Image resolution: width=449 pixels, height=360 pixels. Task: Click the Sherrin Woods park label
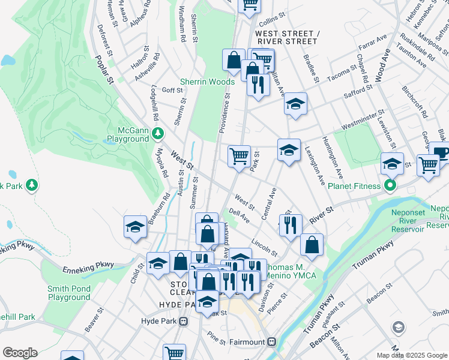click(x=208, y=82)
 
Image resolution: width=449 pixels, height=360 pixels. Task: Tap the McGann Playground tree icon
click(x=158, y=131)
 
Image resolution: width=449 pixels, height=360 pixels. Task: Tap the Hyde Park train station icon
click(x=184, y=322)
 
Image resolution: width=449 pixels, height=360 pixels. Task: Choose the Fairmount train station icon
click(x=271, y=342)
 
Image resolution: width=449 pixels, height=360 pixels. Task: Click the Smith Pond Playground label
click(x=69, y=293)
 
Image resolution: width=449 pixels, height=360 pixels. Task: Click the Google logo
click(x=20, y=353)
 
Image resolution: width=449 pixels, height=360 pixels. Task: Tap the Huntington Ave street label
click(x=336, y=161)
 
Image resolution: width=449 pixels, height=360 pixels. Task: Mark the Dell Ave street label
click(x=239, y=215)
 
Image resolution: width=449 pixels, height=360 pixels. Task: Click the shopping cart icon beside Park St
click(x=239, y=157)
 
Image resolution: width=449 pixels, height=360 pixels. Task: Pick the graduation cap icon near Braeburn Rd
click(x=136, y=226)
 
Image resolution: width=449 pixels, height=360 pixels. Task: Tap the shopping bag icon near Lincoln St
click(x=312, y=244)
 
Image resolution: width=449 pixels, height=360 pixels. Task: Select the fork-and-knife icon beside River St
click(x=290, y=225)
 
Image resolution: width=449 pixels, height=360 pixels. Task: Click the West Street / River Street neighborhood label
click(x=286, y=37)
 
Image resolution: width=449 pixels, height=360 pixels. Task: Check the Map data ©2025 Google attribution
click(x=412, y=355)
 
